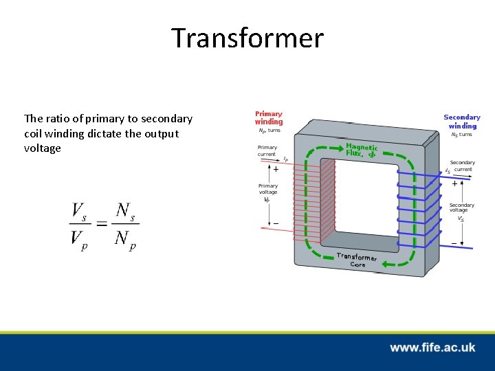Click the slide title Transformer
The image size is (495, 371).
[x=247, y=38]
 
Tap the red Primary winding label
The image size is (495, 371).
[x=269, y=118]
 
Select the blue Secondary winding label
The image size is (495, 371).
[x=462, y=122]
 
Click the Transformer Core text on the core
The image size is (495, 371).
[x=357, y=259]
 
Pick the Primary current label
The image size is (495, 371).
[x=267, y=150]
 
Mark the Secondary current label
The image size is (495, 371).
[x=462, y=166]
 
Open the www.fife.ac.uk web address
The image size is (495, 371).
[x=432, y=348]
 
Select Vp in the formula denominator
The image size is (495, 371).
[x=80, y=238]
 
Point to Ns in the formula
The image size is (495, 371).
[x=124, y=212]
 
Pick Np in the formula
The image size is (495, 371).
[x=124, y=238]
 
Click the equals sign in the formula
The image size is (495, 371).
[x=102, y=225]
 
